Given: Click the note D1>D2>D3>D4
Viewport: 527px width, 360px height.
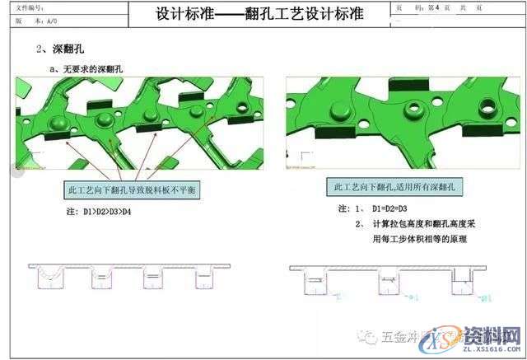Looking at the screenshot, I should pos(101,212).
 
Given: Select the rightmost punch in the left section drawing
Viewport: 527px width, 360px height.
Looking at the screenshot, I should pos(206,278).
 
